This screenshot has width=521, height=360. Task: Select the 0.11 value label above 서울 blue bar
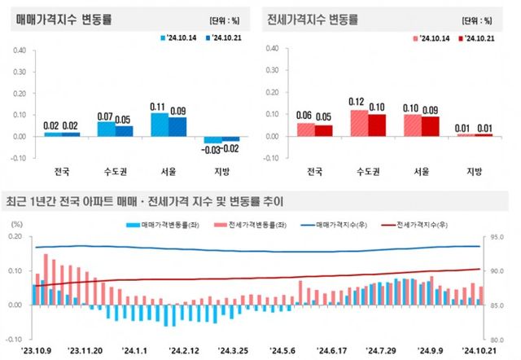tap(159, 106)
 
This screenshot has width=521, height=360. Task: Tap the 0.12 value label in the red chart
tap(354, 102)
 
